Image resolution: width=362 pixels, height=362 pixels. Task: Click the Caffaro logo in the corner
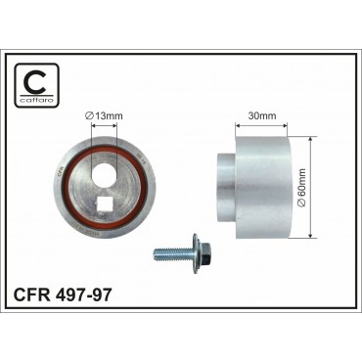coord(37,85)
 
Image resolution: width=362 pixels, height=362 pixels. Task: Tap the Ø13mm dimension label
coord(104,115)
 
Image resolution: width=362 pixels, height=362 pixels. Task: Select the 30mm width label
coord(262,115)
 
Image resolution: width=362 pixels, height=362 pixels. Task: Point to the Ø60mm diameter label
coord(301,188)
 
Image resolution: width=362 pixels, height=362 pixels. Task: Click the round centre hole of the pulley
coord(105,171)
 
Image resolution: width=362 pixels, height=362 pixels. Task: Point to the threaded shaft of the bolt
coord(173,252)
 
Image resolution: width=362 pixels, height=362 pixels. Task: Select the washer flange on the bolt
coord(196,252)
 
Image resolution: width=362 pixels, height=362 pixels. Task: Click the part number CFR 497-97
coord(62,294)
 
